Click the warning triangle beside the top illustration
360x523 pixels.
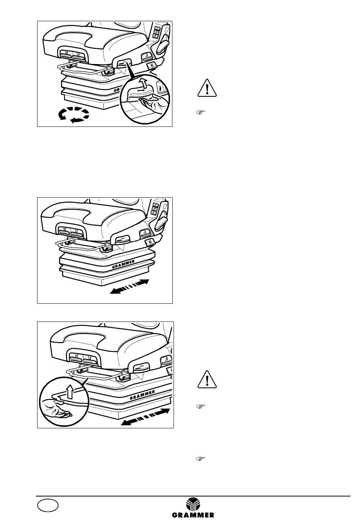click(207, 88)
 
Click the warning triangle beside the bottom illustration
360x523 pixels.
click(207, 379)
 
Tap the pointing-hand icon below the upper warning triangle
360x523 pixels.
click(200, 112)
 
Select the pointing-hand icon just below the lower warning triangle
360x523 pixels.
click(200, 406)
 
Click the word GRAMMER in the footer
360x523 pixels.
click(193, 515)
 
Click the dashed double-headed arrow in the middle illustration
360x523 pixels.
click(129, 286)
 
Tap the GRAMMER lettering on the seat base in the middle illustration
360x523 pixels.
click(123, 264)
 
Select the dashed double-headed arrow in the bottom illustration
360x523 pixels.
click(145, 417)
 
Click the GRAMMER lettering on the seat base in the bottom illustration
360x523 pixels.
click(142, 395)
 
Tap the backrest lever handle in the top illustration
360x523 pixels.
click(162, 46)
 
